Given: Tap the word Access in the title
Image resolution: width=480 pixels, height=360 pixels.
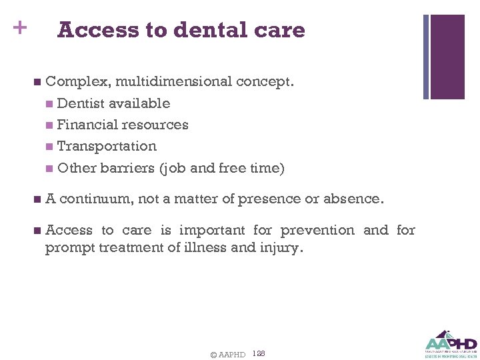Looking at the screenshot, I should pyautogui.click(x=97, y=30).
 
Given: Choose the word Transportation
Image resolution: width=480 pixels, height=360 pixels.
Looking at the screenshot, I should pyautogui.click(x=107, y=146).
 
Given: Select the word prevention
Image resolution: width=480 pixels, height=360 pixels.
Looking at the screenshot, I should pyautogui.click(x=317, y=230).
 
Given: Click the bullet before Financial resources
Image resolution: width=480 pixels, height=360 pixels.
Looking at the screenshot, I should pyautogui.click(x=50, y=125).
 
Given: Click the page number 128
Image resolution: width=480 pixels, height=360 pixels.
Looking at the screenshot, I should pyautogui.click(x=259, y=353).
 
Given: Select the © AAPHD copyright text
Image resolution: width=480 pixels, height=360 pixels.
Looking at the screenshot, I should pyautogui.click(x=227, y=355).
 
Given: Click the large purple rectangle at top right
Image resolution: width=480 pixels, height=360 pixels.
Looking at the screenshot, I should pyautogui.click(x=447, y=57).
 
